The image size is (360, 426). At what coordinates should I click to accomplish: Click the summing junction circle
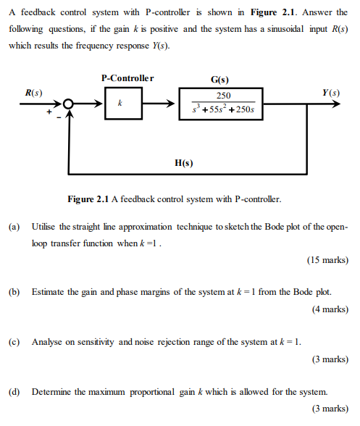(70, 105)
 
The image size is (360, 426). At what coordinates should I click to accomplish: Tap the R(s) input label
(33, 93)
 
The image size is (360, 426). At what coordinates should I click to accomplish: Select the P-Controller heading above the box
(127, 78)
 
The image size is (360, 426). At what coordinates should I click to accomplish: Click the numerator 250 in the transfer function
(224, 96)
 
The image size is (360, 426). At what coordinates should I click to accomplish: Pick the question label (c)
(14, 341)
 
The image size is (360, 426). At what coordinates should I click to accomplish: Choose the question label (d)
(14, 391)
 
